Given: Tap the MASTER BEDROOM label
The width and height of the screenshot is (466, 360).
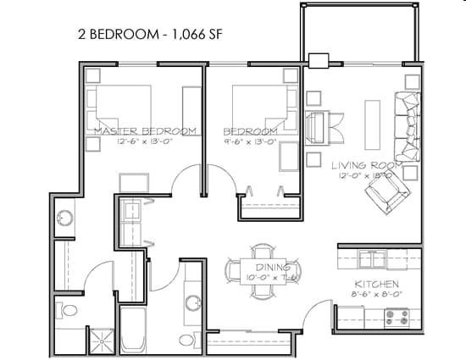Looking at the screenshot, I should (x=146, y=131).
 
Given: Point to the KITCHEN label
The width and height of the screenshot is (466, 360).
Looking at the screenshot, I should (x=372, y=285).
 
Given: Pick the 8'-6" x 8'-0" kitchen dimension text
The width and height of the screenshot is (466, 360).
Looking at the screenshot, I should (x=372, y=295).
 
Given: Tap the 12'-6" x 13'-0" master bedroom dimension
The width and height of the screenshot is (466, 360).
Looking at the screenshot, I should (x=146, y=141).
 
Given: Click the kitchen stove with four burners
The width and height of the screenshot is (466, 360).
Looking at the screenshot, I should (x=397, y=318).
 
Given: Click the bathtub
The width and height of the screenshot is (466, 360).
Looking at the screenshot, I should (x=134, y=330).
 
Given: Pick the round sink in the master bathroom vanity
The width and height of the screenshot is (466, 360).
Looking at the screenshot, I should (x=64, y=219).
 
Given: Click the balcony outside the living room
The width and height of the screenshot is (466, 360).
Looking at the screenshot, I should (x=358, y=31).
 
